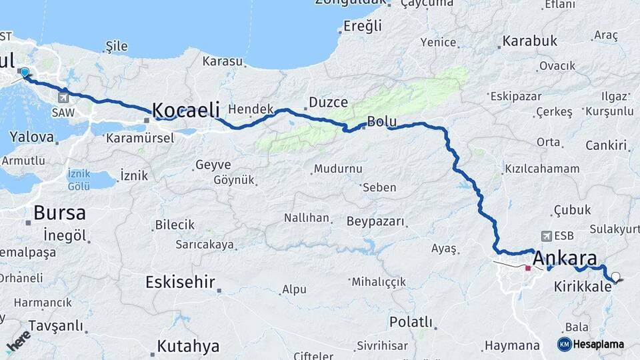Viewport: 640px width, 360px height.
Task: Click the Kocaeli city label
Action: [186, 110]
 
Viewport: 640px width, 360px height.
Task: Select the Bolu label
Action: [382, 122]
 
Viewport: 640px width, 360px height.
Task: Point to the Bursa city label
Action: [59, 213]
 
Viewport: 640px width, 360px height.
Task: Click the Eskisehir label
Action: [180, 282]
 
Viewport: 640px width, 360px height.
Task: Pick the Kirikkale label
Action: [581, 287]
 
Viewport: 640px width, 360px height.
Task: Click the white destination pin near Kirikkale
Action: [615, 277]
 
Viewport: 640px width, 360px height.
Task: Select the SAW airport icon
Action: [63, 97]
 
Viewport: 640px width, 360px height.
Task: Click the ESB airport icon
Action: [548, 236]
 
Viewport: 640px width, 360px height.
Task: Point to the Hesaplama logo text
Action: [599, 344]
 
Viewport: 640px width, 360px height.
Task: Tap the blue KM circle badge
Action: [565, 344]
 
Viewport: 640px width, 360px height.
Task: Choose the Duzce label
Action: [328, 103]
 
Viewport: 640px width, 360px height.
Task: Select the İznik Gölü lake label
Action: [79, 180]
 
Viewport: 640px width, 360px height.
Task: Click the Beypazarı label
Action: [376, 221]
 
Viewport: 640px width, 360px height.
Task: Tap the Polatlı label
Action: [411, 323]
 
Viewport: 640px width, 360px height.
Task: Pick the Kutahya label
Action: [188, 346]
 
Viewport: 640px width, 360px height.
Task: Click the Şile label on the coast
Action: [116, 47]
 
